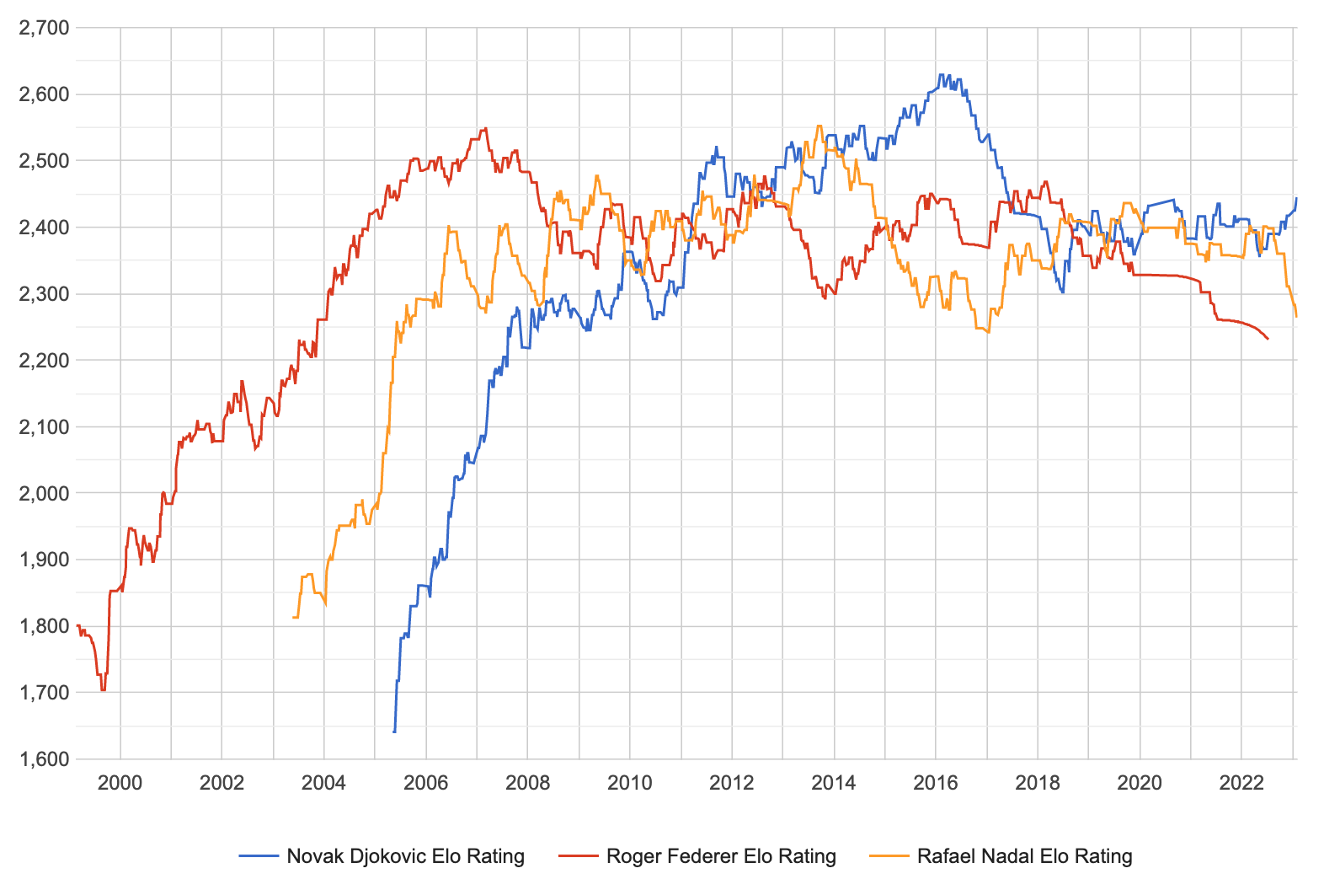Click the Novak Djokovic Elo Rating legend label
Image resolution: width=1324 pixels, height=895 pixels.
(405, 856)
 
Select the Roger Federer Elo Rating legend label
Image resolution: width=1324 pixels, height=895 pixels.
(721, 856)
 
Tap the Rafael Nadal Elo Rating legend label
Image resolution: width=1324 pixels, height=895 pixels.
(1024, 856)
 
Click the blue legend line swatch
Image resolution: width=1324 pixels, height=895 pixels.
(259, 856)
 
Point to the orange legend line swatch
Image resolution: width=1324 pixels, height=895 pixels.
(889, 856)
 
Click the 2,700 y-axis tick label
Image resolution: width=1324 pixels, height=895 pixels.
(44, 28)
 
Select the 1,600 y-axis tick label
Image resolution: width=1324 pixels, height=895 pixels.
(44, 759)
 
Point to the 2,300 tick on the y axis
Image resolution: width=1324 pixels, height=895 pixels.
(44, 294)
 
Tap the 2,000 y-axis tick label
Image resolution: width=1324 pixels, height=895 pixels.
(44, 493)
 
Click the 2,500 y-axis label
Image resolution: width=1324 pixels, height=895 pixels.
(44, 161)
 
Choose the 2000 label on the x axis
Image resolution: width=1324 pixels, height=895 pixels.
(120, 783)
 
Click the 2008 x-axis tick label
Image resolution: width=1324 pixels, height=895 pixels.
(528, 783)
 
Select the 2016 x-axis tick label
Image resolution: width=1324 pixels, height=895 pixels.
(936, 783)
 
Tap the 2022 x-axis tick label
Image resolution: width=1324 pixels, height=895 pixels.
(1241, 783)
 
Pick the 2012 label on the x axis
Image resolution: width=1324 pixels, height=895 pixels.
(732, 783)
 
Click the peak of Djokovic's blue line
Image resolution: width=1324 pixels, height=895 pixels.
(942, 75)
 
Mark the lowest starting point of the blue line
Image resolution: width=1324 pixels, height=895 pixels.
(394, 732)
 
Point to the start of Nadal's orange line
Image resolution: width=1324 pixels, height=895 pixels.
(293, 618)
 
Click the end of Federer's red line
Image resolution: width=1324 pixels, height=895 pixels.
(1268, 339)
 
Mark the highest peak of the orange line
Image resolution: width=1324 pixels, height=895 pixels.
(819, 126)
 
